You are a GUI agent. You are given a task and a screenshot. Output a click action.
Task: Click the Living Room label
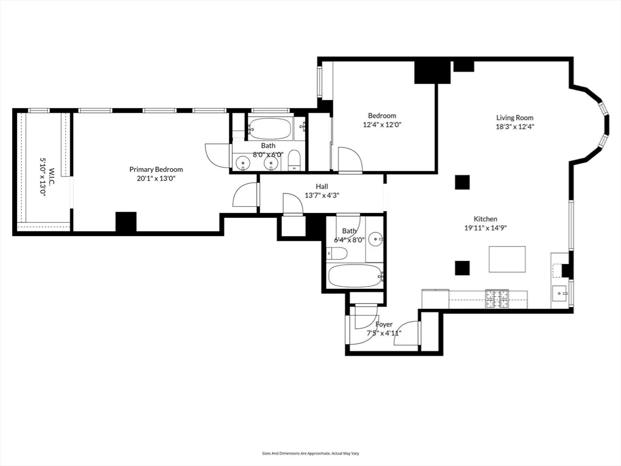(x=515, y=118)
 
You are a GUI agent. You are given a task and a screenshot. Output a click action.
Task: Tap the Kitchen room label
(x=485, y=219)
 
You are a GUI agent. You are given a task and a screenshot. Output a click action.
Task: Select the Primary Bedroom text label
(x=156, y=169)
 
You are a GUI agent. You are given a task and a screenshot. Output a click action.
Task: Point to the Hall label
(x=321, y=186)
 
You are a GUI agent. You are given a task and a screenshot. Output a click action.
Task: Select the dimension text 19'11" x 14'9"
(x=485, y=228)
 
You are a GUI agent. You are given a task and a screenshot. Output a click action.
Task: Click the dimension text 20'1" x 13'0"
(x=156, y=178)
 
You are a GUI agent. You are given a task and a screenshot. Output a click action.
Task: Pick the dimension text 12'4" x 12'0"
(x=381, y=124)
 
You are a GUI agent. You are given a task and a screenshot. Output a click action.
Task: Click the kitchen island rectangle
(x=507, y=259)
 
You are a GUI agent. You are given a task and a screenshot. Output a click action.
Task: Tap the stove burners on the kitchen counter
(x=497, y=297)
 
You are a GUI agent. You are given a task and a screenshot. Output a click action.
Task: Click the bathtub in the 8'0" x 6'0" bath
(x=270, y=128)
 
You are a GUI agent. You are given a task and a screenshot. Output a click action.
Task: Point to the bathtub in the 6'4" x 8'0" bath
(x=355, y=277)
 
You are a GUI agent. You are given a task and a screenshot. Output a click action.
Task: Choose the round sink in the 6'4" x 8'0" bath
(x=375, y=239)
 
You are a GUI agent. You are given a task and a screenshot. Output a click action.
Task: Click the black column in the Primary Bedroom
(x=126, y=221)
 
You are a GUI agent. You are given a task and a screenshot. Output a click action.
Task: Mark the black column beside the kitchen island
(x=462, y=268)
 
